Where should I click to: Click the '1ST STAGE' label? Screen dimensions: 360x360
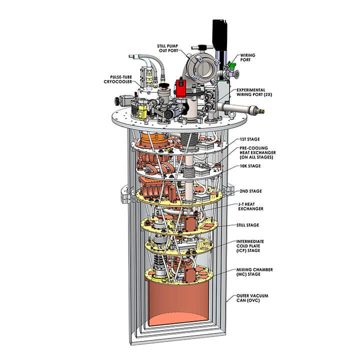pyautogui.click(x=248, y=139)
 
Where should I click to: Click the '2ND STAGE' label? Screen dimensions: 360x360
pyautogui.click(x=248, y=191)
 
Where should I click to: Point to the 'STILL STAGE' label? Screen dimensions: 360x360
pyautogui.click(x=248, y=224)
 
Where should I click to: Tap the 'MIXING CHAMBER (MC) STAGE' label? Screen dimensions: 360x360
pyautogui.click(x=254, y=272)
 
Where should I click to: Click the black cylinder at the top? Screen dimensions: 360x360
pyautogui.click(x=218, y=33)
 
